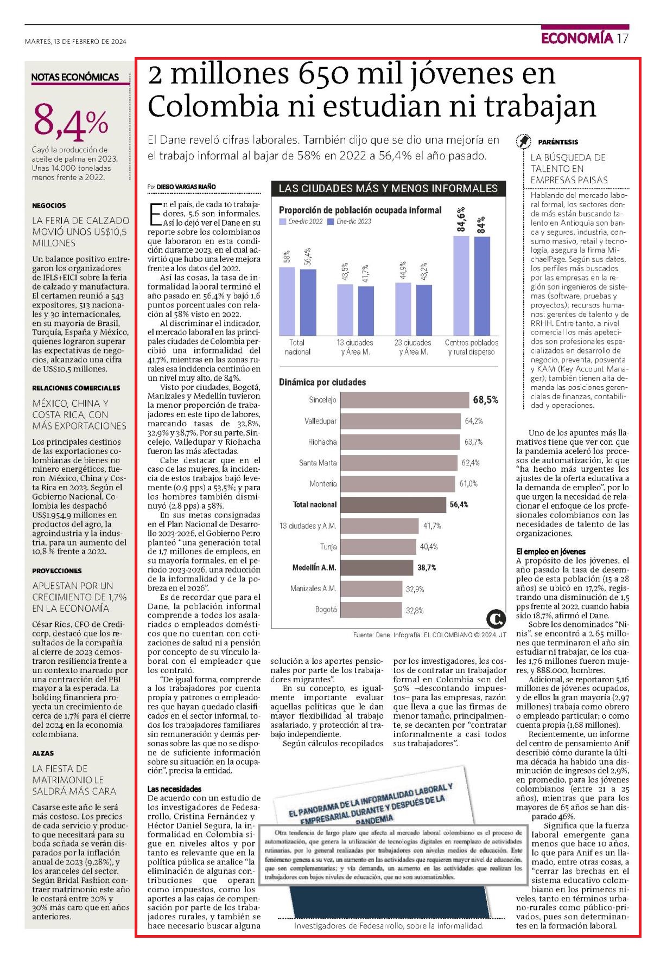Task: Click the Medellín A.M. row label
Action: pos(314,568)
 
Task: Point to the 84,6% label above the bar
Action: pos(461,220)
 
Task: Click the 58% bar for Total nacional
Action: pos(287,301)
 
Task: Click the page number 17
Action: pos(623,38)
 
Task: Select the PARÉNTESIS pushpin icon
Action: pos(523,142)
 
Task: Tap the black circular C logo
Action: pos(496,619)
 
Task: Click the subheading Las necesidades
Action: pos(174,789)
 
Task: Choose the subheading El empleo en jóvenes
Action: pos(551,552)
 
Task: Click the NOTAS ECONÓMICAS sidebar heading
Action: pos(75,77)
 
